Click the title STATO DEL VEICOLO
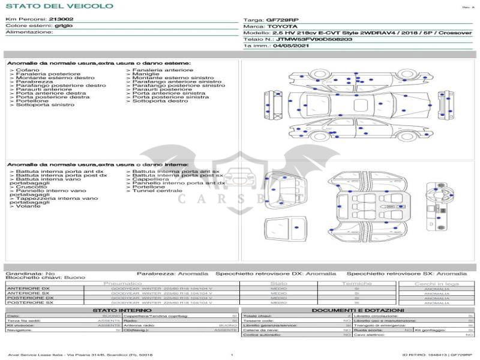[x=59, y=6]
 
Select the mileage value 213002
[x=61, y=19]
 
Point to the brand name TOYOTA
[x=281, y=26]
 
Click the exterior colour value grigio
[x=63, y=26]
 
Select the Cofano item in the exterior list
[x=27, y=70]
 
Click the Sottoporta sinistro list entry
[x=45, y=105]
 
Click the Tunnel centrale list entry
[x=157, y=191]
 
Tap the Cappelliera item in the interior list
[x=151, y=179]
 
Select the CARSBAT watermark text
[x=239, y=198]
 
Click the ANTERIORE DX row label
[x=31, y=289]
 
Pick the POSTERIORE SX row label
[x=31, y=302]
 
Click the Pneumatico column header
[x=122, y=283]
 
